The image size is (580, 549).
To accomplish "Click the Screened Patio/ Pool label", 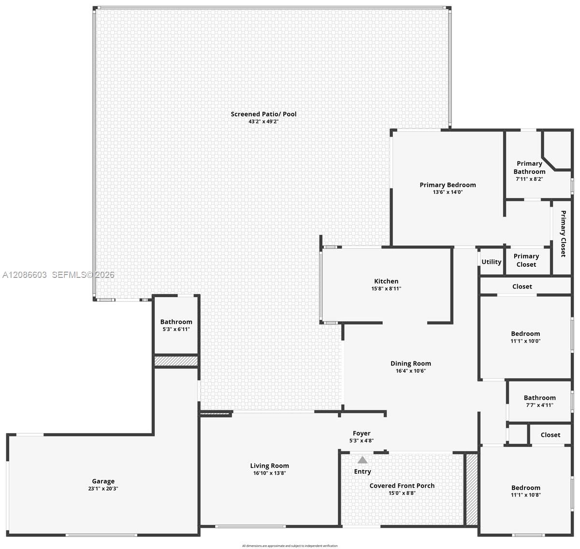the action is coord(263,114).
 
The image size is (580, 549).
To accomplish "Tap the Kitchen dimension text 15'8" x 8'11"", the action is coord(386,289).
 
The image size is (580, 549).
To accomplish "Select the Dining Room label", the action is coord(411,363).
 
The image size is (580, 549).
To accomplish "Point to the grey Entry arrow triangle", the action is coord(362,460).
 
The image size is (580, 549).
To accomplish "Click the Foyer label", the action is coord(362,433).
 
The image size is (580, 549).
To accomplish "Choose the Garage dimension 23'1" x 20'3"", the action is coord(103,488).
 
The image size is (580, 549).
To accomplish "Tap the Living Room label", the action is coord(269,465).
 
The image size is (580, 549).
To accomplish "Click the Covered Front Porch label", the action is coord(402,486).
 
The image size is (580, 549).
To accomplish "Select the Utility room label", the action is coord(491,261).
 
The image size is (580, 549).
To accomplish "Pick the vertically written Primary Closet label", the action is coord(563,233).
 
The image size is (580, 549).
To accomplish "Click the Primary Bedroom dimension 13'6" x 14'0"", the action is coord(448,192).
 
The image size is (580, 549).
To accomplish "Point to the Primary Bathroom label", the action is coord(529,167).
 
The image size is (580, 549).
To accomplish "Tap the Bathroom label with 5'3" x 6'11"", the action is coord(176,321).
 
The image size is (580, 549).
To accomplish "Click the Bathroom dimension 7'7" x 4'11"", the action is coord(539,405).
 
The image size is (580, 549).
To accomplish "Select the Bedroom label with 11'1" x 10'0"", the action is coord(525,333).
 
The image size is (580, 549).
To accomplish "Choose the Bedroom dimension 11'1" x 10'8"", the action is coord(526,495).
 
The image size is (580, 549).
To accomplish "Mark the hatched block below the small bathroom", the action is coord(176,361).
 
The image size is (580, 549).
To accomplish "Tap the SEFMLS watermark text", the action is coord(83,274).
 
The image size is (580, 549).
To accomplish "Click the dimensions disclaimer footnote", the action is coord(290,546).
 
